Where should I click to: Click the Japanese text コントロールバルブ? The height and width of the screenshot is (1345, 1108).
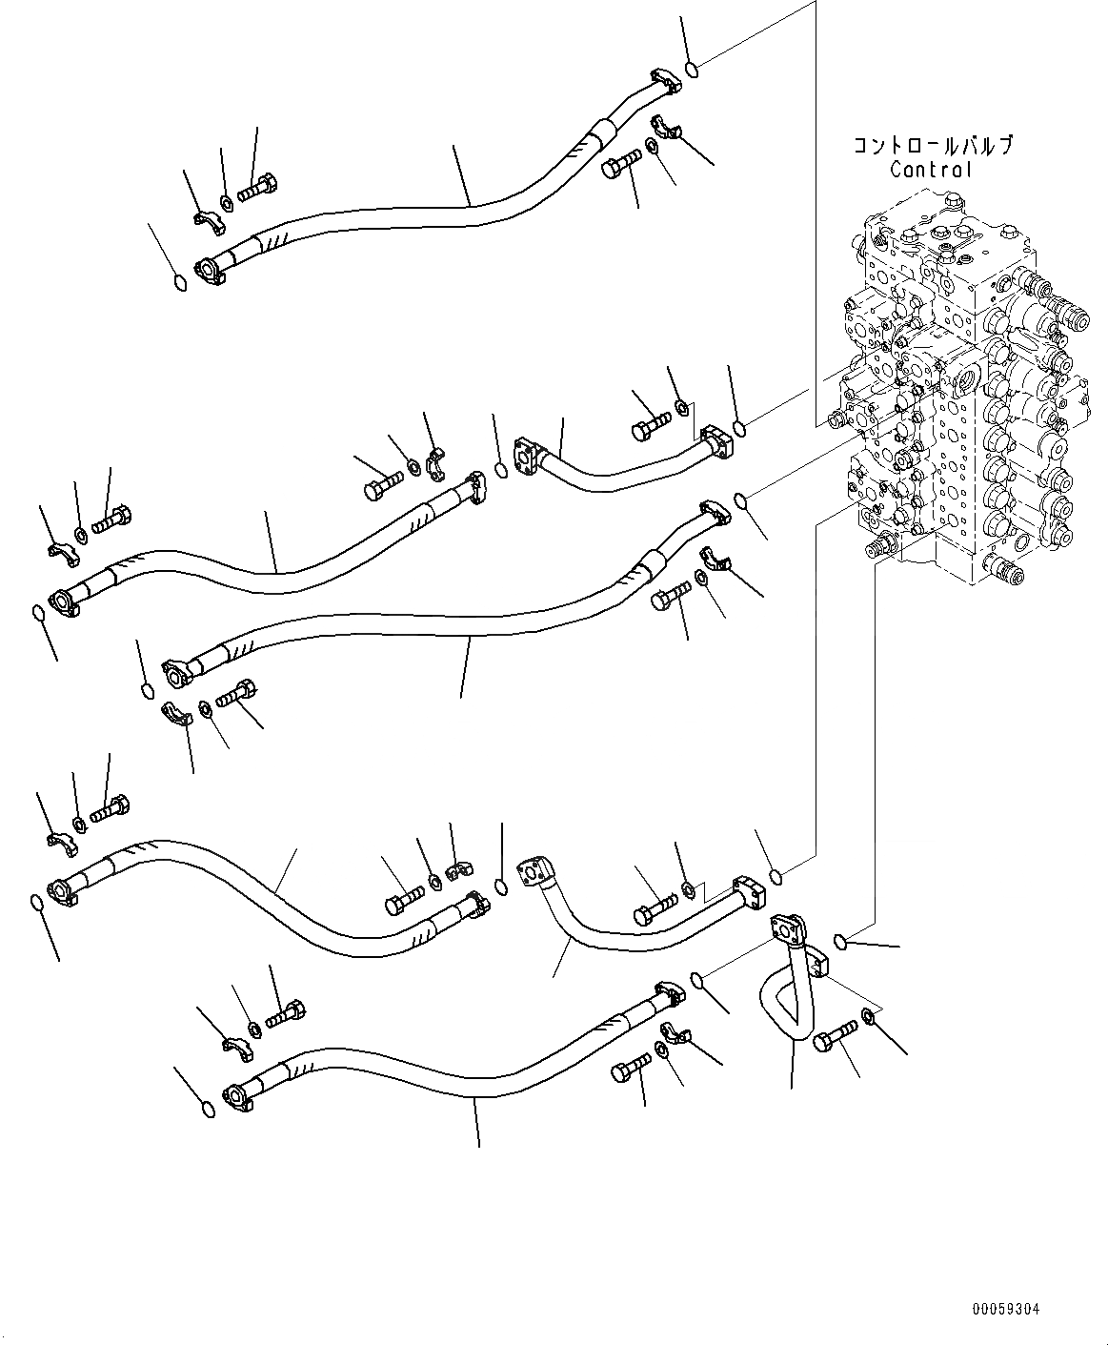click(932, 146)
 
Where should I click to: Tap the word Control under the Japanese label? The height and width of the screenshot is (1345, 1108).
click(932, 170)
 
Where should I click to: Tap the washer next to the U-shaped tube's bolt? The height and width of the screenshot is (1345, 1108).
click(869, 1017)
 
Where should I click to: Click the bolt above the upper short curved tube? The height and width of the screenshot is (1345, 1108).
click(650, 425)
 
